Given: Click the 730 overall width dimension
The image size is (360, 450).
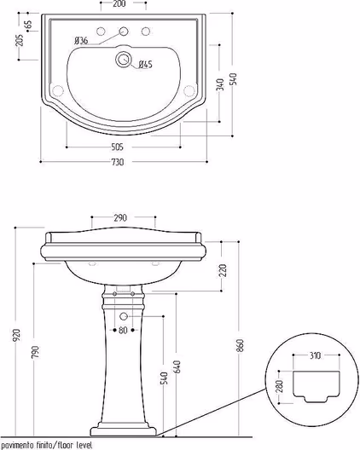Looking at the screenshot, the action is [118, 162].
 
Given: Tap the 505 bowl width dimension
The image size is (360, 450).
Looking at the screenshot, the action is [117, 147].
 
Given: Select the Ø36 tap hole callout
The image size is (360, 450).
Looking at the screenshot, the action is [81, 40].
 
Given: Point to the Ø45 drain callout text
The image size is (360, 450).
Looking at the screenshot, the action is [145, 64].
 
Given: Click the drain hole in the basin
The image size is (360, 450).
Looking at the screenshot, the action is [124, 59].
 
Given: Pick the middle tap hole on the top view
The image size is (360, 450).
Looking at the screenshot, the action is [124, 31].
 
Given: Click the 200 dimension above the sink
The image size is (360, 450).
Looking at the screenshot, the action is [119, 4].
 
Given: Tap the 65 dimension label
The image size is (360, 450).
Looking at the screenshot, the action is [29, 25].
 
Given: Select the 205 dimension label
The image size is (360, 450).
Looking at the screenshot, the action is [20, 40].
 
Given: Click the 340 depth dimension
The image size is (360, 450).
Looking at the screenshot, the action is [220, 84].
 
